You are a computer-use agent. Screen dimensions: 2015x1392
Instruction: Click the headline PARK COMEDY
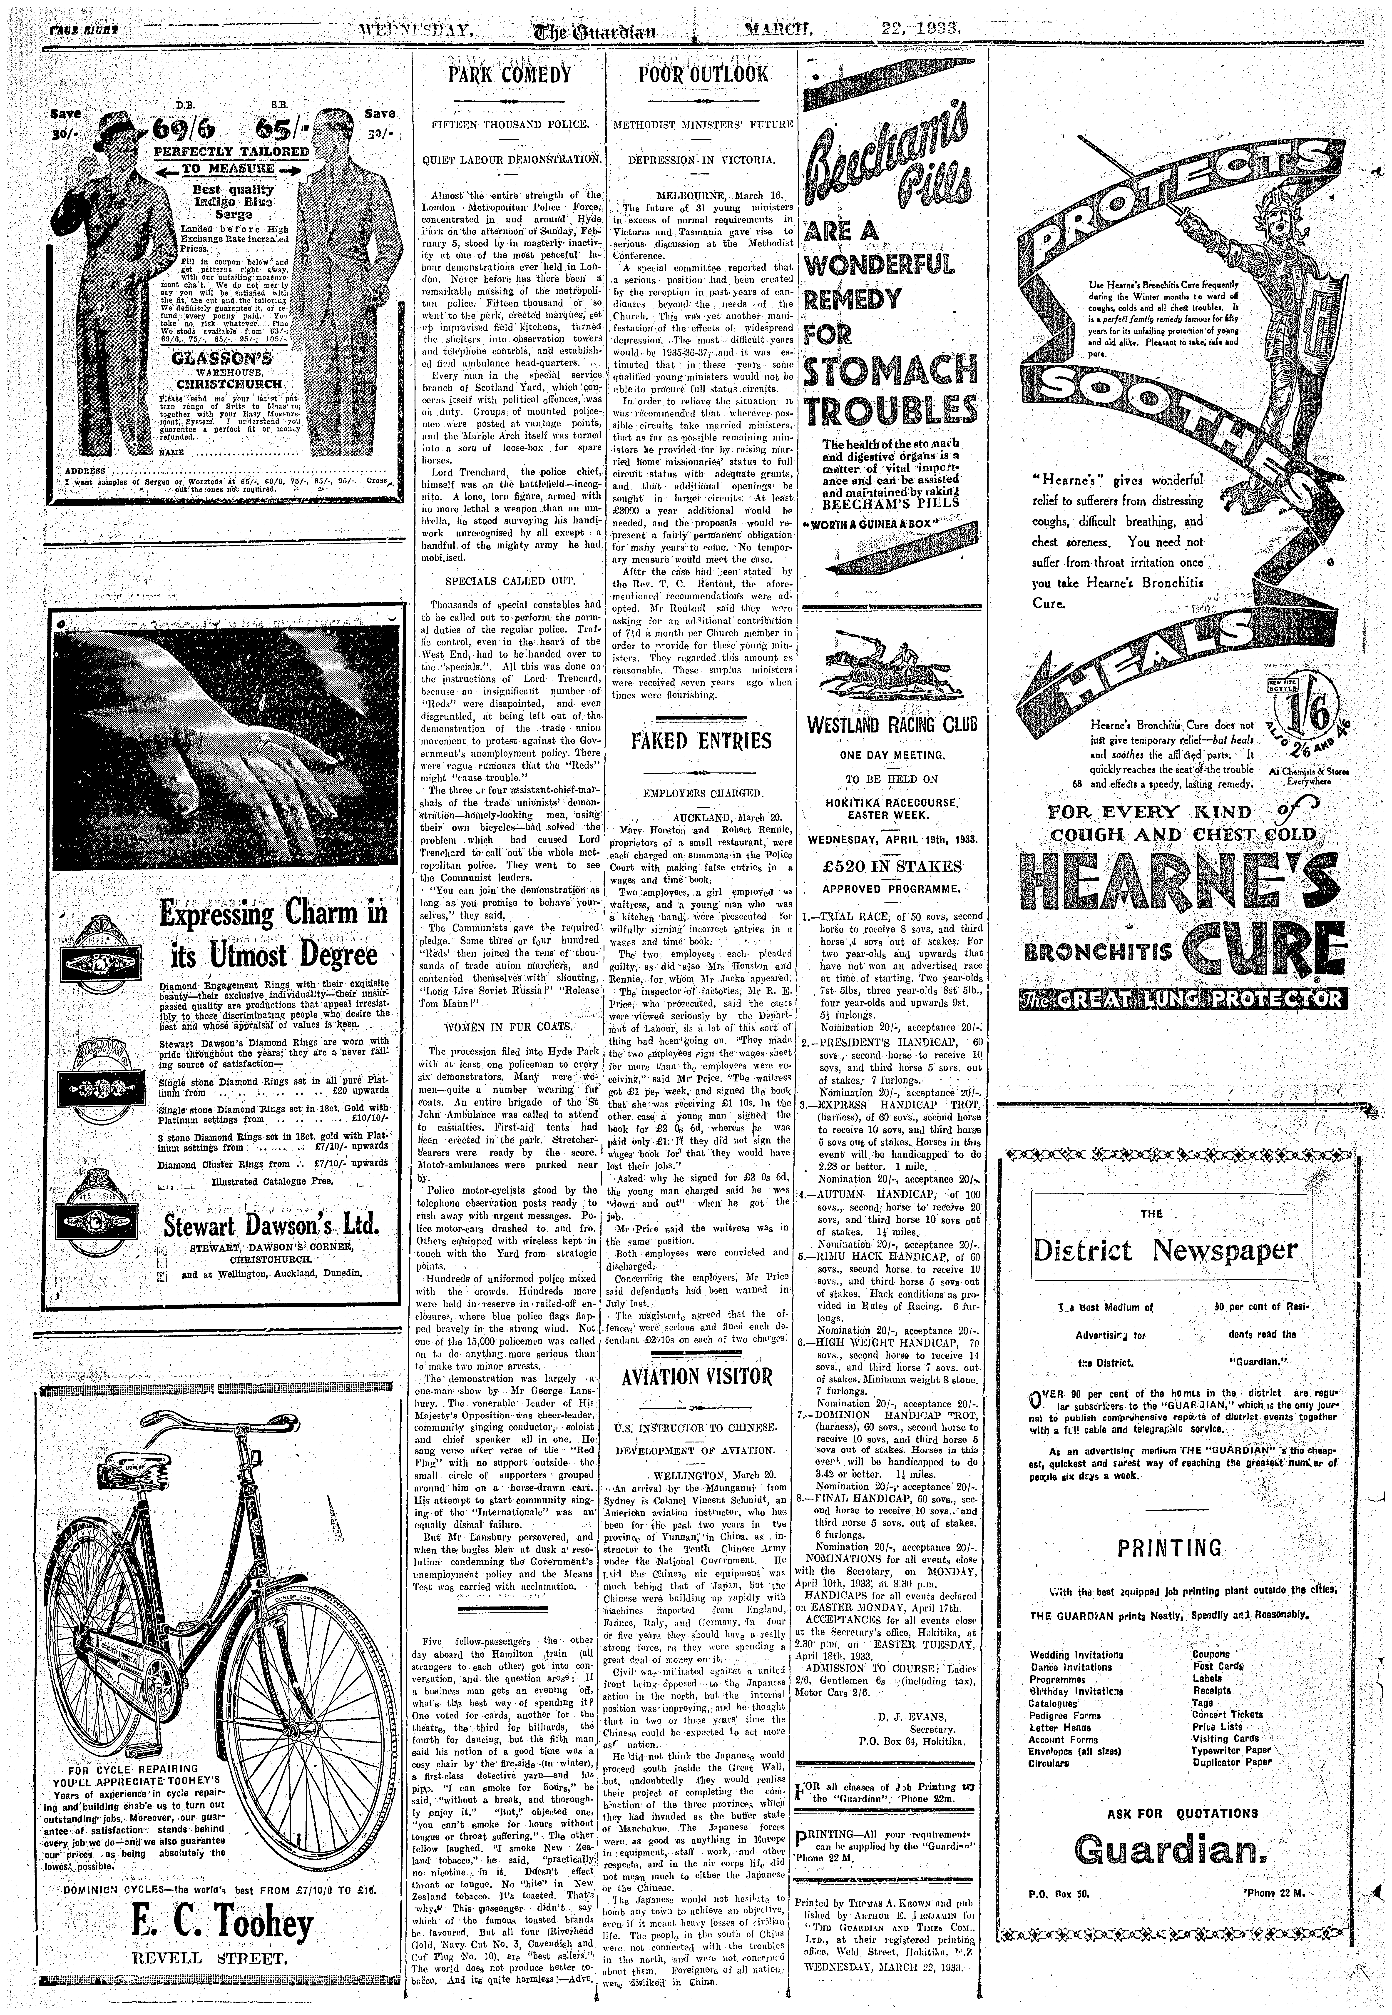[509, 74]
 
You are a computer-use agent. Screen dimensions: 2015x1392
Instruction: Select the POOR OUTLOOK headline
[703, 74]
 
